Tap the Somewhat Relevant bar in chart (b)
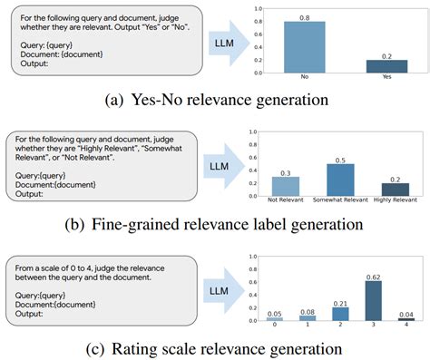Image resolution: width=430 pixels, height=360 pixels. [x=335, y=179]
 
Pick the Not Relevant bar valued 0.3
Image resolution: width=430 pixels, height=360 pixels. [x=285, y=185]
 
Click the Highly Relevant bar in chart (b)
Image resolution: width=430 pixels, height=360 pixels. [x=385, y=189]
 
